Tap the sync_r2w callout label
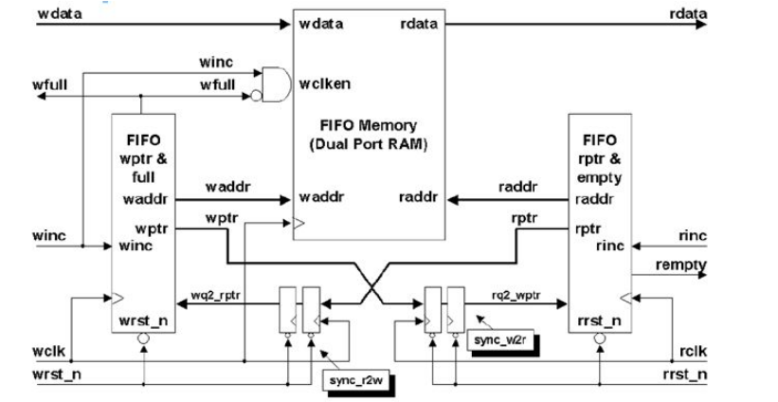click(361, 380)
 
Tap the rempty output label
click(681, 266)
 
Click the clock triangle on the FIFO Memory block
click(299, 226)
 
